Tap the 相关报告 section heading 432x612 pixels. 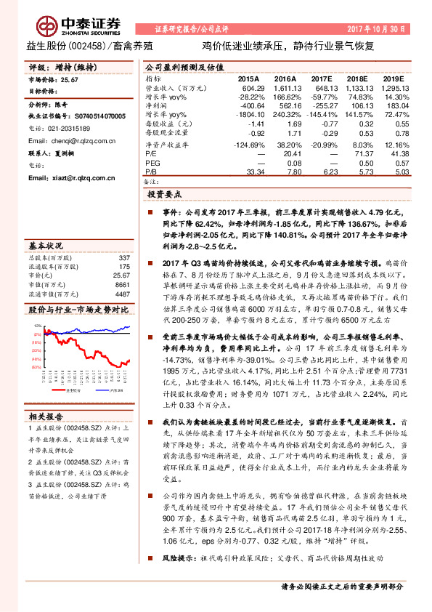[x=46, y=416]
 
